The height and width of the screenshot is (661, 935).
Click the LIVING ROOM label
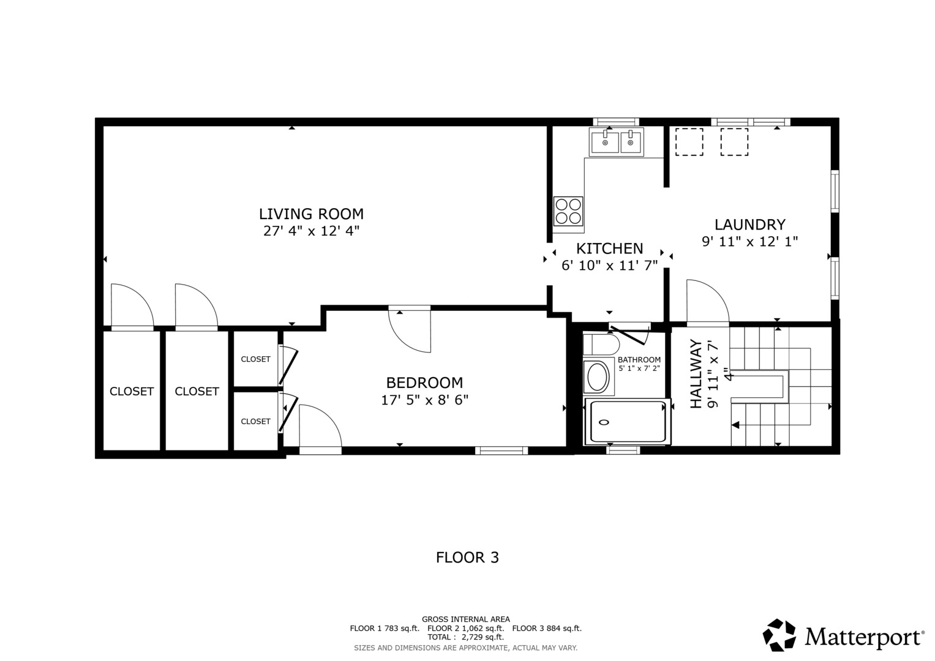coord(312,214)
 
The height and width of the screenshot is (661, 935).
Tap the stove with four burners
coord(568,211)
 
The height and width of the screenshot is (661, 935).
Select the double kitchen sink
coord(616,142)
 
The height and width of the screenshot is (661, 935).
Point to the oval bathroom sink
coord(598,377)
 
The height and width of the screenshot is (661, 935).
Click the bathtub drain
coord(604,422)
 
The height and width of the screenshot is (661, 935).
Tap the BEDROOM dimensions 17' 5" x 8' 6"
coord(424,400)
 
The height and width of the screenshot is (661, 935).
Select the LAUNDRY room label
coord(749,225)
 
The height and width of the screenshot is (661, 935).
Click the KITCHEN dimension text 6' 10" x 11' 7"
coord(609,266)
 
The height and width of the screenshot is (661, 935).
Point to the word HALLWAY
coord(696,374)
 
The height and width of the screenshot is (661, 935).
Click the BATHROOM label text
coord(639,360)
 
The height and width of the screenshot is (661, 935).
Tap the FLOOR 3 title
coord(468,558)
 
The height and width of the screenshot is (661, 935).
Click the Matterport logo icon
coord(779,635)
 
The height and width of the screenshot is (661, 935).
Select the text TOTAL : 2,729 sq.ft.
coord(465,637)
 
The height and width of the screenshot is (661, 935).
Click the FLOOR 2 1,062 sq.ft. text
coord(465,629)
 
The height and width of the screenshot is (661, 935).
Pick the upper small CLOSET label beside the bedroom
coord(255,359)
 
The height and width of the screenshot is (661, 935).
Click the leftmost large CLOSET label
coord(132,392)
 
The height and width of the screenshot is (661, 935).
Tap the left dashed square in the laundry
coord(689,142)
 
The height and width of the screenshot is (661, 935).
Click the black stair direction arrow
coord(735,425)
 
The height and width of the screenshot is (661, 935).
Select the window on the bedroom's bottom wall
coord(501,450)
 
